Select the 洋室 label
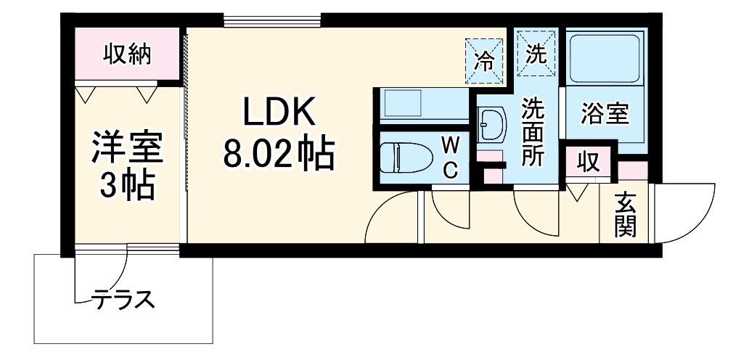[128, 150]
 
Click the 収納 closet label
[126, 54]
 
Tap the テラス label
[123, 298]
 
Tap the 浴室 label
[605, 113]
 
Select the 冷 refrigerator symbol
[483, 59]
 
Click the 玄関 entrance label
[625, 215]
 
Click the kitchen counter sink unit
[421, 105]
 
